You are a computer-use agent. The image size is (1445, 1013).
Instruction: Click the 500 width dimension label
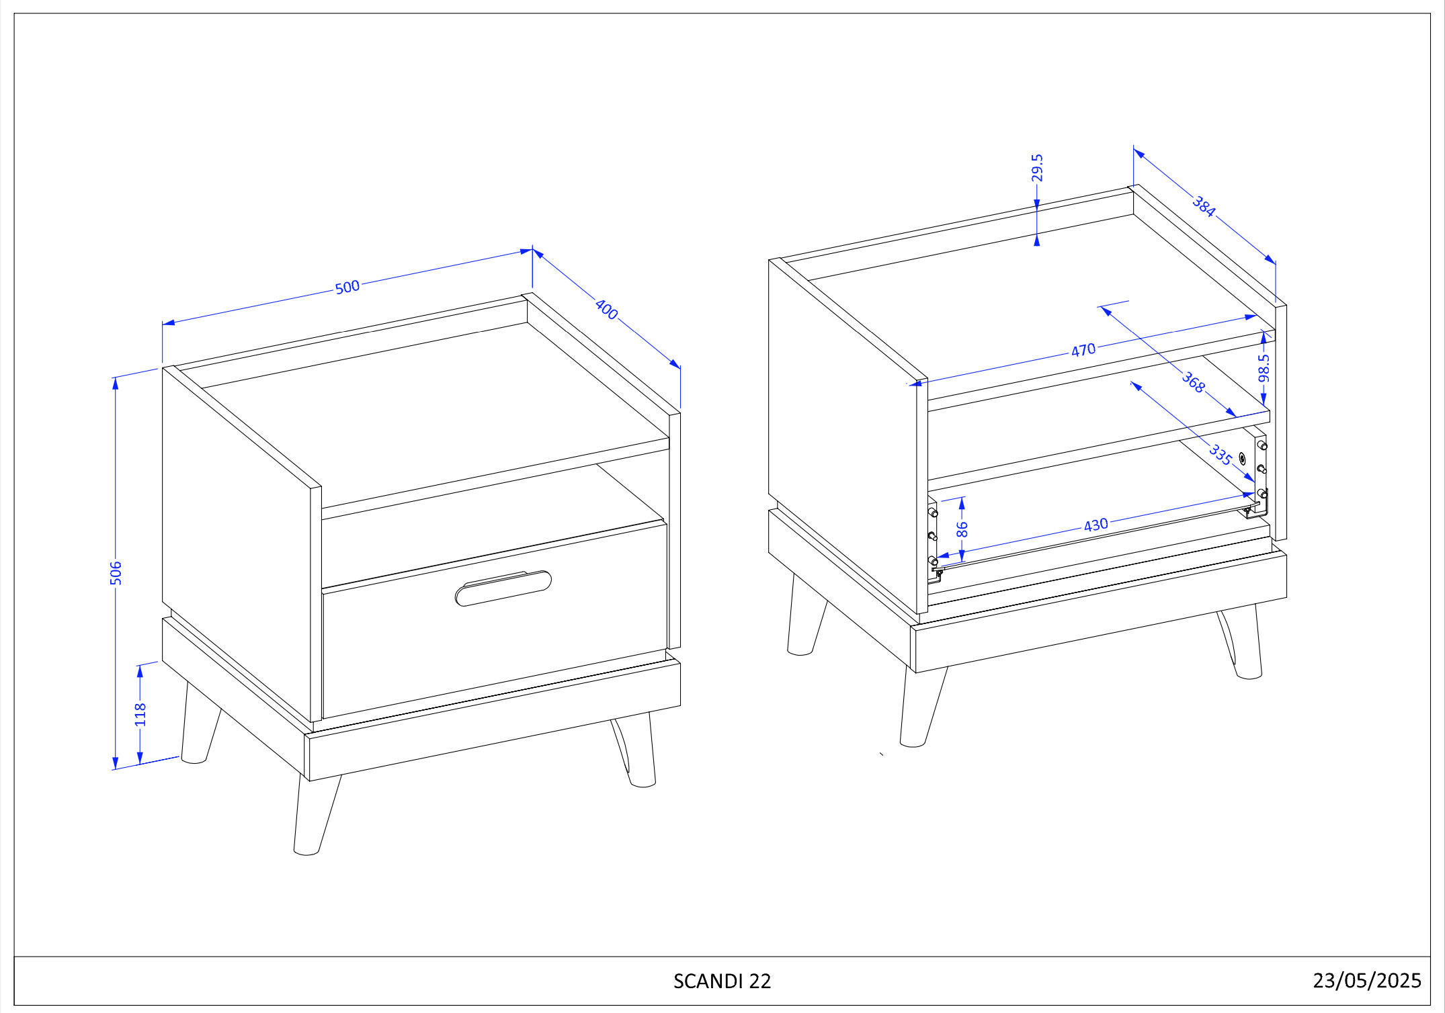pos(347,287)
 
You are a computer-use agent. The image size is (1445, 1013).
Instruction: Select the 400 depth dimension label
pos(606,309)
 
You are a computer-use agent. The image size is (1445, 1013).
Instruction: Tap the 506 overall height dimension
pos(116,573)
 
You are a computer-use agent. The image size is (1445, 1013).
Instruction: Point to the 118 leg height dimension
pos(140,714)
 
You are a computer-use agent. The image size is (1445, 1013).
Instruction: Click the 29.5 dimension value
pos(1037,168)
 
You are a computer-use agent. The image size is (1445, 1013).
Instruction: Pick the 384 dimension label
pos(1204,206)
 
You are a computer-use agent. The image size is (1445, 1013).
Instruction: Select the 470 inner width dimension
pos(1083,350)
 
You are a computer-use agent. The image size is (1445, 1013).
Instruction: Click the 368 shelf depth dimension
pos(1193,382)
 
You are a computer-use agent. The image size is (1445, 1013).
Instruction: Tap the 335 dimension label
pos(1221,455)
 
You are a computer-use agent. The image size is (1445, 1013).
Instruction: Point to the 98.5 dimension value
pos(1264,367)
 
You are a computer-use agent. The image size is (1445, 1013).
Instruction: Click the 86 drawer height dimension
pos(962,529)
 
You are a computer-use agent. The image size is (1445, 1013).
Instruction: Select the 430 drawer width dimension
pos(1096,525)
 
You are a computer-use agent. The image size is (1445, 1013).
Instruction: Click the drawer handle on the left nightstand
pos(503,588)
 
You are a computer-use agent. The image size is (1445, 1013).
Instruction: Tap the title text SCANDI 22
pos(722,981)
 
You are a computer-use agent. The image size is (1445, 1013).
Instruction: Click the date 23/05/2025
pos(1367,981)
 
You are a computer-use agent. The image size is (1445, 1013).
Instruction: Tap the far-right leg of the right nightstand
pos(1241,642)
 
